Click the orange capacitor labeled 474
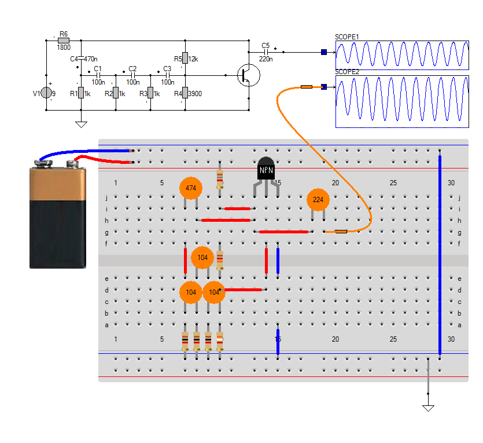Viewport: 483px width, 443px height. click(191, 188)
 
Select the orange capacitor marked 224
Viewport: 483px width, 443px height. click(318, 200)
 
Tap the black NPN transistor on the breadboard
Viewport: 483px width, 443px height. click(266, 170)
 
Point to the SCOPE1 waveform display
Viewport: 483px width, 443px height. click(402, 54)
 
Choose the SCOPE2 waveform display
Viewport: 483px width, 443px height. click(402, 101)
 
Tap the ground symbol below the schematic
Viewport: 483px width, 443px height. click(81, 123)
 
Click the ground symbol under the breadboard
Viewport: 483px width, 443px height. click(428, 407)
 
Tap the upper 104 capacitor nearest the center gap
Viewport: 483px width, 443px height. click(202, 258)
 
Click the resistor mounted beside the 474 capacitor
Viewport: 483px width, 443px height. click(220, 178)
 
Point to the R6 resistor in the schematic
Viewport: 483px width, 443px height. click(64, 41)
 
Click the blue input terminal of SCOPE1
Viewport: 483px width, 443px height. click(324, 52)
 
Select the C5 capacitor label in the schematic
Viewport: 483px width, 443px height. click(266, 45)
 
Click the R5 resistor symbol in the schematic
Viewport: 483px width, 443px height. click(185, 58)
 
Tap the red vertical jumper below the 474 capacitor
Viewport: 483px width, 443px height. click(186, 261)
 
